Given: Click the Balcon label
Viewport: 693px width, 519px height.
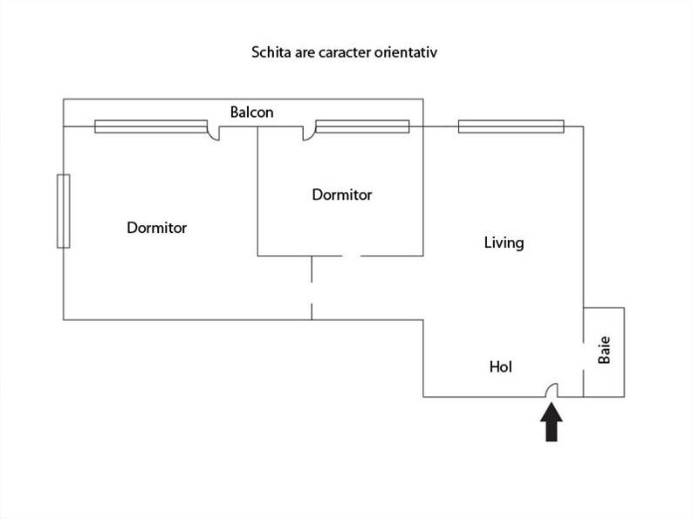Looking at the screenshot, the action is click(251, 113).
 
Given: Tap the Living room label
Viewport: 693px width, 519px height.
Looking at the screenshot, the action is click(504, 243).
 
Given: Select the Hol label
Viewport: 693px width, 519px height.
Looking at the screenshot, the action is click(501, 366).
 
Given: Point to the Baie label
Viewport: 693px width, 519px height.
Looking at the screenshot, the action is click(604, 350).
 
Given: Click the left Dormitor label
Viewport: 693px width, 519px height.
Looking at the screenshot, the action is click(157, 228).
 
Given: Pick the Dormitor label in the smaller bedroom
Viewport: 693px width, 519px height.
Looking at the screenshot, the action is click(342, 195).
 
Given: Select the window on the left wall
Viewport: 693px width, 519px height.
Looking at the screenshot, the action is click(64, 211).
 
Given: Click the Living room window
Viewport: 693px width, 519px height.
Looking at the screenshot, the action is click(511, 126).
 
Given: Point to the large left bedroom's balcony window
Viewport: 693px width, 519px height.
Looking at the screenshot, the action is click(151, 126).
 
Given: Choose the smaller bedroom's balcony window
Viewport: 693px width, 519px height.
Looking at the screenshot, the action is click(362, 126).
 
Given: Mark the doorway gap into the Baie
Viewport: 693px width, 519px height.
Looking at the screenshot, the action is click(583, 357).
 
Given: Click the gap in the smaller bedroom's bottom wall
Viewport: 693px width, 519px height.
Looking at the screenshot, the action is click(353, 256).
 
